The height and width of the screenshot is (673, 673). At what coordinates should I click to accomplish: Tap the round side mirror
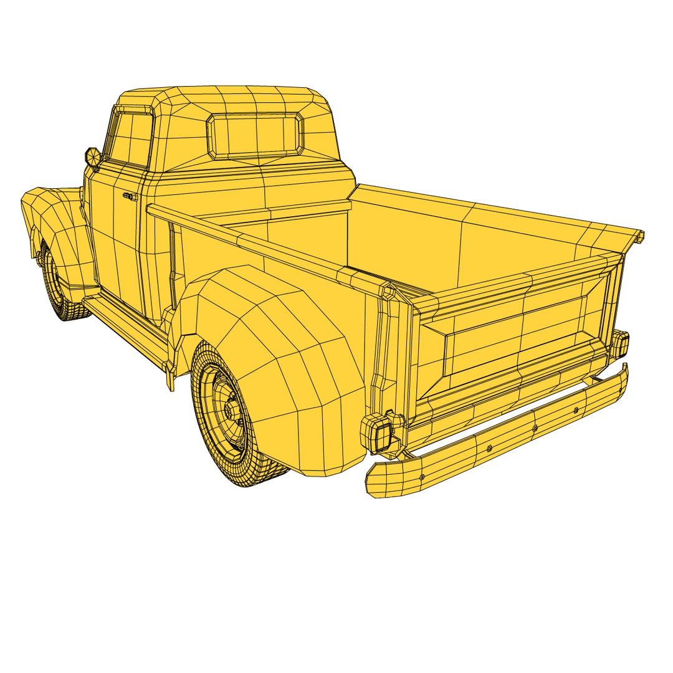pyautogui.click(x=92, y=157)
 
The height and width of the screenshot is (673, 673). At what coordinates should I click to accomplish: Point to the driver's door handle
pyautogui.click(x=130, y=196)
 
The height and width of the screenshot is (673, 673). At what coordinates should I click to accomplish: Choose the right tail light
pyautogui.click(x=620, y=345)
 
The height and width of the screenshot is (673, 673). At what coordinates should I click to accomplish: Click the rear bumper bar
pyautogui.click(x=499, y=436)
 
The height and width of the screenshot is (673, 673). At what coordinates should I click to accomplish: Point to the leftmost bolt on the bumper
pyautogui.click(x=423, y=477)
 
